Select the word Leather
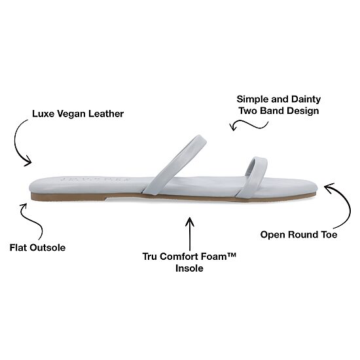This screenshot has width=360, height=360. click(x=106, y=114)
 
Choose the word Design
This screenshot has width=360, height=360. click(x=303, y=111)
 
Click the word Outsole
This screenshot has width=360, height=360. click(x=48, y=247)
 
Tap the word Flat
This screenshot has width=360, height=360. click(x=18, y=247)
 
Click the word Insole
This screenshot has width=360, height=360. click(x=189, y=268)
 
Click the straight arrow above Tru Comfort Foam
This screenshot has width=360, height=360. click(x=190, y=234)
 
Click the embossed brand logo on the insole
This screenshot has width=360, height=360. click(x=96, y=179)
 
